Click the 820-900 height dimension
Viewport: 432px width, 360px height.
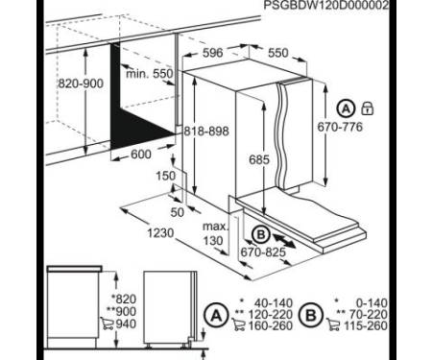81,84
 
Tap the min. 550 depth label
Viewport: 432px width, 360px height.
150,74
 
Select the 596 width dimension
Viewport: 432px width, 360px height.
213,53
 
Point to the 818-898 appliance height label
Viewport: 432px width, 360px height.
206,132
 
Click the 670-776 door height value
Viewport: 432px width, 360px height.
340,127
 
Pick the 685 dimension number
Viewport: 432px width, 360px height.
259,159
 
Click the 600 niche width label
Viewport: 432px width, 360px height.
141,155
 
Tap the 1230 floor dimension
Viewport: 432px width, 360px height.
160,233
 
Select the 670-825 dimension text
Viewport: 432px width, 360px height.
263,252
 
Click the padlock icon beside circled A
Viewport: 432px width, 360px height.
368,108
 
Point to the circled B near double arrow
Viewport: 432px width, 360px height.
261,235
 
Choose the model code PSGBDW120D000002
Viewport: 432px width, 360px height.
326,5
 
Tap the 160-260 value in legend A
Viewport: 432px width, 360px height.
271,325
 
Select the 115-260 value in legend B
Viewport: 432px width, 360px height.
366,325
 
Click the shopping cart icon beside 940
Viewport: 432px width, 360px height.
107,324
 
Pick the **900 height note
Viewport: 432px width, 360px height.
121,311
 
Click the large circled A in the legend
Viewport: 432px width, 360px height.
217,316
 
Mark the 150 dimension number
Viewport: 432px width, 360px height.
166,176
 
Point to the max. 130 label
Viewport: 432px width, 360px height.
215,233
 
